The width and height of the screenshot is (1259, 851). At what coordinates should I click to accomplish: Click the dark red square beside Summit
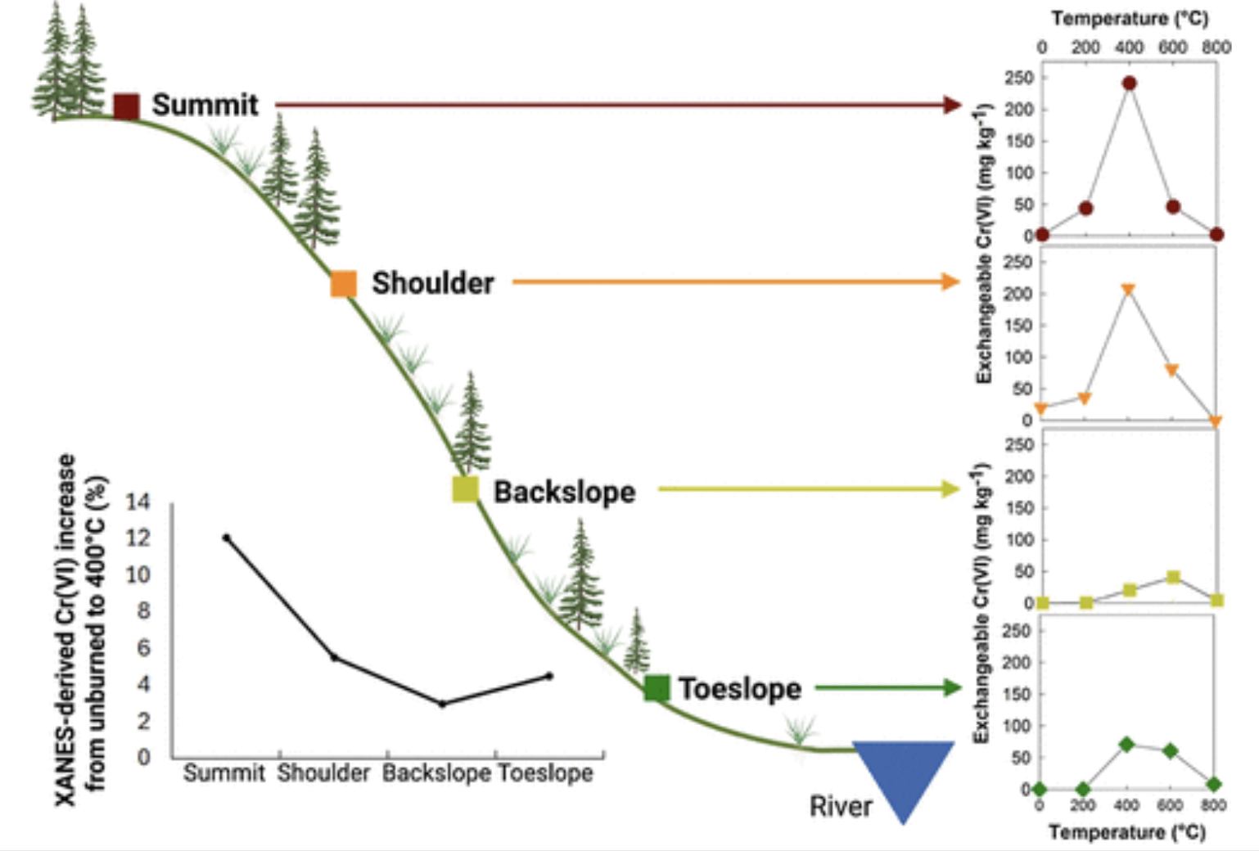[126, 106]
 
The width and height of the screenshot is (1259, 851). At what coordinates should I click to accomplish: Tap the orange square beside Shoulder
[344, 283]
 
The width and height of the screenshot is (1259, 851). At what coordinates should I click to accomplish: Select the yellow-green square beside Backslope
[466, 489]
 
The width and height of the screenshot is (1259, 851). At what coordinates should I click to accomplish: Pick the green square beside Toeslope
[657, 688]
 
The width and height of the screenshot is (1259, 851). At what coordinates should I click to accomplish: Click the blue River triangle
[903, 773]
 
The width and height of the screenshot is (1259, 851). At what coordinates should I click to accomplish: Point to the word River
[840, 807]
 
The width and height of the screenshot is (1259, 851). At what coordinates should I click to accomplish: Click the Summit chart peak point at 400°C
[1130, 83]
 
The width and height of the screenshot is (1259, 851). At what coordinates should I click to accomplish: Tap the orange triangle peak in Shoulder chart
[1128, 290]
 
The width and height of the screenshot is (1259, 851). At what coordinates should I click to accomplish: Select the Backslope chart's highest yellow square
[1173, 578]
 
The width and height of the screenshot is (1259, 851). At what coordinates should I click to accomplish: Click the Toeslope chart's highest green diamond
[1126, 745]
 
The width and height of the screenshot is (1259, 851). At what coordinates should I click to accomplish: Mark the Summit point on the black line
[227, 538]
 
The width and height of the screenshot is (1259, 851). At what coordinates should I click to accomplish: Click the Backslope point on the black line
[442, 704]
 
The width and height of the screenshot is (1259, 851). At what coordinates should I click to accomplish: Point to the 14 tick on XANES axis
[138, 502]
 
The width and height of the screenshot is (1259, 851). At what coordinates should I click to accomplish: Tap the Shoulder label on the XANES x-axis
[323, 773]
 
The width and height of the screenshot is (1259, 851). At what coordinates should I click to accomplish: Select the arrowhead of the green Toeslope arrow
[951, 687]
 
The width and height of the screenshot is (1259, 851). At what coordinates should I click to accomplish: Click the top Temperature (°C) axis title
[1130, 18]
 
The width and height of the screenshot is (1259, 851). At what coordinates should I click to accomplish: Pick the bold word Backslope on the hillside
[564, 492]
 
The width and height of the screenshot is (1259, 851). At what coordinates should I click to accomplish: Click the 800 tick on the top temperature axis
[1216, 47]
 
